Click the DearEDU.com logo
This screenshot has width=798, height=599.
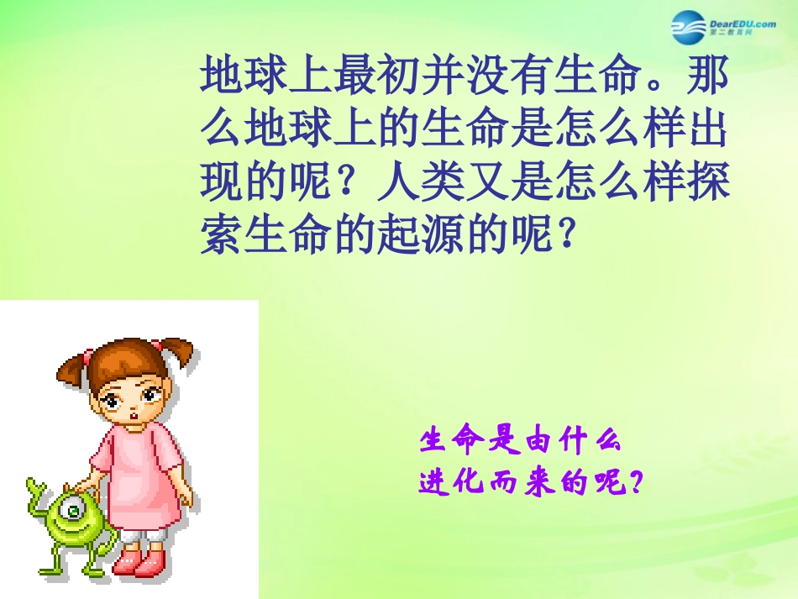point(724,27)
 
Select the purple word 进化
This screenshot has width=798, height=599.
point(452,482)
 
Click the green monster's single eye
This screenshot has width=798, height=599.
point(74,508)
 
